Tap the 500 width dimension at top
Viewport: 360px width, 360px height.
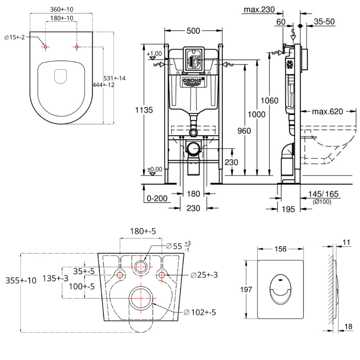point(193,31)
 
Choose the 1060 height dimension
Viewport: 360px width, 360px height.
point(270,100)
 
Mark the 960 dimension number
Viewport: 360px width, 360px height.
point(244,131)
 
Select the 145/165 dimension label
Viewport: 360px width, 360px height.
point(324,194)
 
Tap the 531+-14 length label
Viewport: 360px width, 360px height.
point(115,78)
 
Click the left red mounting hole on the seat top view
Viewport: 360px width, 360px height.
point(46,46)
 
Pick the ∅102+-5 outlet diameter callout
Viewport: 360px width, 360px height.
point(199,312)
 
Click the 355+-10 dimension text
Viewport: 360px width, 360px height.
point(21,280)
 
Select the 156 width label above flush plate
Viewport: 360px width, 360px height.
point(280,249)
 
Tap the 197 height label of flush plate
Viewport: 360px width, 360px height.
point(247,289)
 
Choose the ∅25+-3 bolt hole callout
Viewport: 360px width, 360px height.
point(204,275)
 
